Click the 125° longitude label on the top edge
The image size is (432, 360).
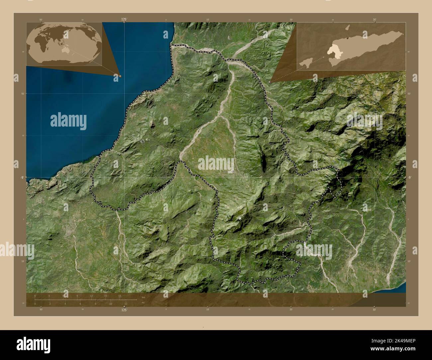tap(124, 20)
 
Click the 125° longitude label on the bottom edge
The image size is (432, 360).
tap(124, 310)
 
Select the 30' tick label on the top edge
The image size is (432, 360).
tap(375, 20)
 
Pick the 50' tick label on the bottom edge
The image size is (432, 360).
tap(41, 310)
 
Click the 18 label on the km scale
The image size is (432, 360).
tap(120, 296)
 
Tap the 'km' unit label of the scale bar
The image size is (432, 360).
tap(143, 297)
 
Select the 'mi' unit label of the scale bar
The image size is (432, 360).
tap(143, 303)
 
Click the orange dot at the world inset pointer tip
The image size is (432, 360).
tap(120, 76)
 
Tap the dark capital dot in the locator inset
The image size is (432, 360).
tap(348, 39)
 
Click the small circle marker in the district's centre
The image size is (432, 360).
tap(233, 171)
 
